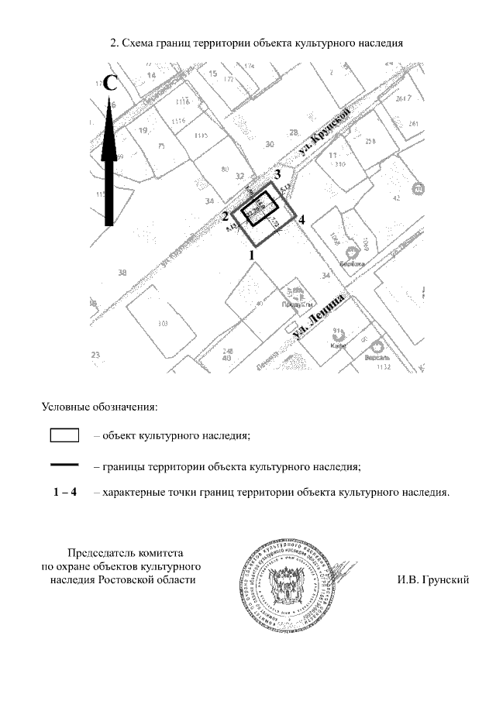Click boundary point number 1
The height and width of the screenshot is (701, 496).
click(250, 253)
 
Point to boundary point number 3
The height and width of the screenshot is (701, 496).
click(277, 175)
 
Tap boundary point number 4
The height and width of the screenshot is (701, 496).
click(301, 220)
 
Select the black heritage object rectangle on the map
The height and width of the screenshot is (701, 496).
click(259, 206)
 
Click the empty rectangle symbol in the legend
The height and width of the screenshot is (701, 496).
click(65, 435)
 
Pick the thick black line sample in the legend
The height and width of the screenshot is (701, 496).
click(65, 465)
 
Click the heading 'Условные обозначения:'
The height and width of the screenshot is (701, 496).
click(98, 406)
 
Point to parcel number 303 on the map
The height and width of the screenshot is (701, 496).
click(163, 323)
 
